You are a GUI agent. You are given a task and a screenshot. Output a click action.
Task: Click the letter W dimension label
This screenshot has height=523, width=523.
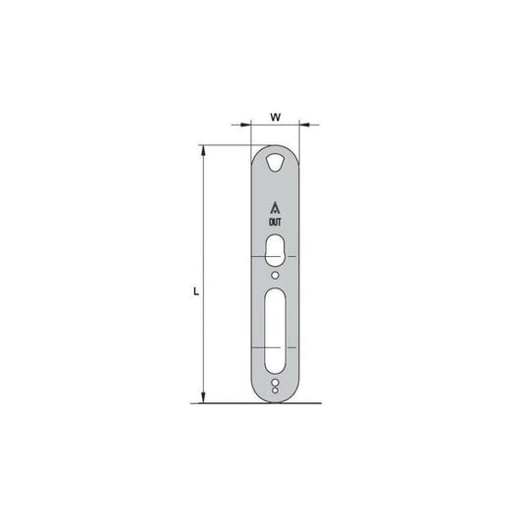[x=276, y=117]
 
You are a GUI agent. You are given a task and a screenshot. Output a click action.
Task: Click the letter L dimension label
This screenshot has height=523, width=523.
[x=196, y=291]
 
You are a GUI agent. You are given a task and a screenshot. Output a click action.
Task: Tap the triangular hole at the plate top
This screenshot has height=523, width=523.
[x=275, y=163]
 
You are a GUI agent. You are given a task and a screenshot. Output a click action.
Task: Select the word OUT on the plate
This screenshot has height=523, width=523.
[x=275, y=222]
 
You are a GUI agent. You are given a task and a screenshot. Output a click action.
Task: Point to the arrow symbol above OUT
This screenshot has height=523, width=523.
[x=275, y=208]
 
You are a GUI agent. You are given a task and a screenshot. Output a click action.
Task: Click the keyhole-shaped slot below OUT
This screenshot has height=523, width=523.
[x=275, y=250]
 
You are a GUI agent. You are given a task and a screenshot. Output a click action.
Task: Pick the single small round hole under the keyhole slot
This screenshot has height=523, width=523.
[x=275, y=275]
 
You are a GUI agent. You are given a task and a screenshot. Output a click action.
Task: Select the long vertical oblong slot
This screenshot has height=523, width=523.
[x=275, y=331]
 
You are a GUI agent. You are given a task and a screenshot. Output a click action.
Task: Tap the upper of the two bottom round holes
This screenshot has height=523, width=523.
[x=275, y=383]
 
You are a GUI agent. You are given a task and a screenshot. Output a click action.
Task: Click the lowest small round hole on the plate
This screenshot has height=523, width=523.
[x=275, y=391]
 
